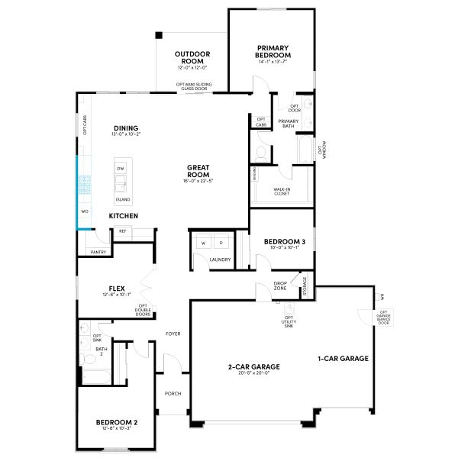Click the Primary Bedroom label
273,51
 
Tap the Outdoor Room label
192,57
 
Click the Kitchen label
123,216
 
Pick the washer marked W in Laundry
203,243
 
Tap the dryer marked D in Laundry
221,243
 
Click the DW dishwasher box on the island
120,167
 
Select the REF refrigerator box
122,230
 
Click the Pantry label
98,251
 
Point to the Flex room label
117,289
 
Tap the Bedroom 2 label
116,422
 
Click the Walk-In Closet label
282,192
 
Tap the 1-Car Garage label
343,358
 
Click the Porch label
173,394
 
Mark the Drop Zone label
280,286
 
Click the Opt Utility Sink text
289,321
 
